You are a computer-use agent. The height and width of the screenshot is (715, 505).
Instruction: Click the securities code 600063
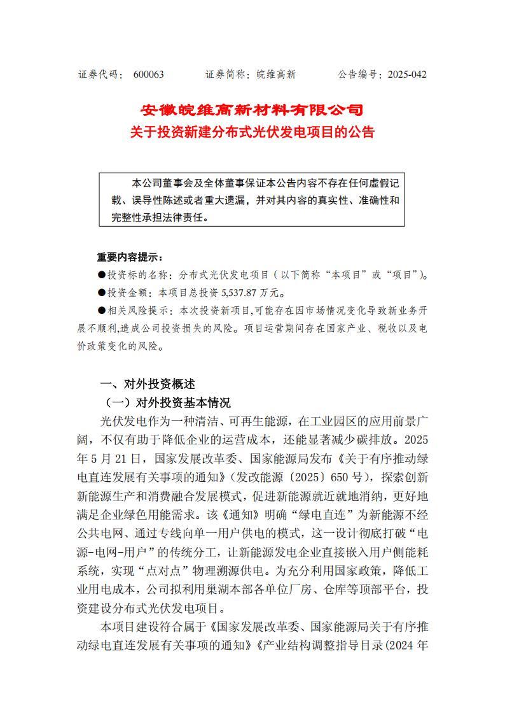point(149,74)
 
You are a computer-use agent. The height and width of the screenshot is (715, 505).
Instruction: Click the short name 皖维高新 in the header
point(272,74)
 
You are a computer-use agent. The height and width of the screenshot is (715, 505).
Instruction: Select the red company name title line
point(252,110)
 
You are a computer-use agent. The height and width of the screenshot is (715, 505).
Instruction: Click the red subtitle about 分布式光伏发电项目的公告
point(252,132)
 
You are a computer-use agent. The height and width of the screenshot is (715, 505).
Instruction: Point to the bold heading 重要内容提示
point(130,258)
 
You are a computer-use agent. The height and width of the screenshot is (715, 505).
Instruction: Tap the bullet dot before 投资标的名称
point(102,276)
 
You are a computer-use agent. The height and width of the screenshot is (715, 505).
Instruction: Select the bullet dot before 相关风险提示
point(102,311)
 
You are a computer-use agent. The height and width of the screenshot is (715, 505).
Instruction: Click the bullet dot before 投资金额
point(102,294)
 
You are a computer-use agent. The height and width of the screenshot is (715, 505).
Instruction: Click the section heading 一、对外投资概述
point(148,384)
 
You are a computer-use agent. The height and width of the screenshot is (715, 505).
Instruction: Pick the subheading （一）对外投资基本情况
point(167,403)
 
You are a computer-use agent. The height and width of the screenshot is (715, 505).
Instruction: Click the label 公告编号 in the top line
point(358,74)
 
